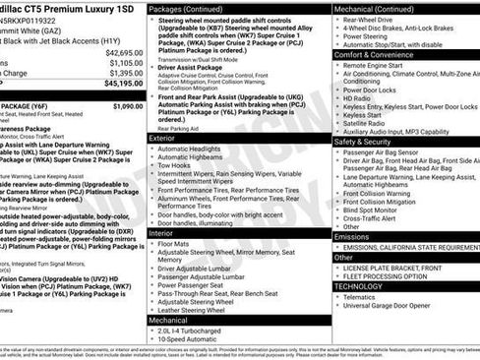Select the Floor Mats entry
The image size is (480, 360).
[x=174, y=244]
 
